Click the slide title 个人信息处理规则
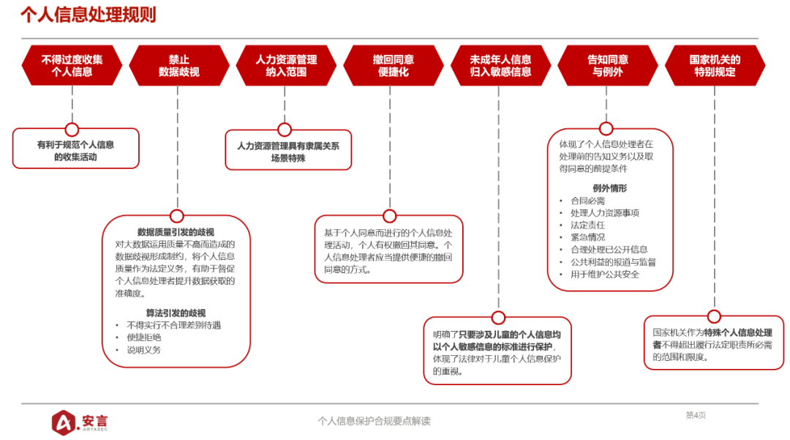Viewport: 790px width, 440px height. point(88,15)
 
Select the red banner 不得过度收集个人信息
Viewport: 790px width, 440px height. point(72,66)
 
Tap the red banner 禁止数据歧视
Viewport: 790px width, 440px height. point(178,66)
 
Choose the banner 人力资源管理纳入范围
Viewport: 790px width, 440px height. point(286,66)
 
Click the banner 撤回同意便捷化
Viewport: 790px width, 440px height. point(394,66)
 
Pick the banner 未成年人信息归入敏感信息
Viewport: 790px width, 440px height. point(500,66)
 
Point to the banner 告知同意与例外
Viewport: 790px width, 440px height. point(608,66)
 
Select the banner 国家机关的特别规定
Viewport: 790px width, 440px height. point(715,66)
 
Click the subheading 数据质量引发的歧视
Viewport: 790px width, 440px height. point(176,232)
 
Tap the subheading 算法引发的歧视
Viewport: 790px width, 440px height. point(176,313)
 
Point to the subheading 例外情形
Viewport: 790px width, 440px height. point(609,188)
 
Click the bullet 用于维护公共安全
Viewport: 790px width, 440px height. point(604,275)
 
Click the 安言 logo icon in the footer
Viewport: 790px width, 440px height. point(64,421)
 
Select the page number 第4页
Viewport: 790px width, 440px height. point(696,415)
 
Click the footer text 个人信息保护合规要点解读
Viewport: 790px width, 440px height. point(374,421)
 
